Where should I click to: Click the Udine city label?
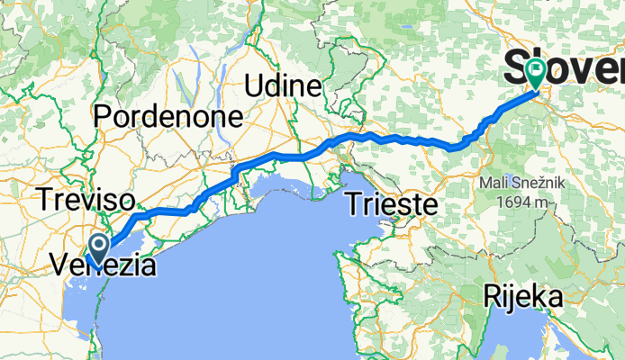(x=284, y=86)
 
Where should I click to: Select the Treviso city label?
(x=86, y=199)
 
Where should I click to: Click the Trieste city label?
(x=392, y=202)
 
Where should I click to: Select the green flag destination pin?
(x=537, y=71)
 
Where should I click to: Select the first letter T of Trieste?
(x=355, y=202)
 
